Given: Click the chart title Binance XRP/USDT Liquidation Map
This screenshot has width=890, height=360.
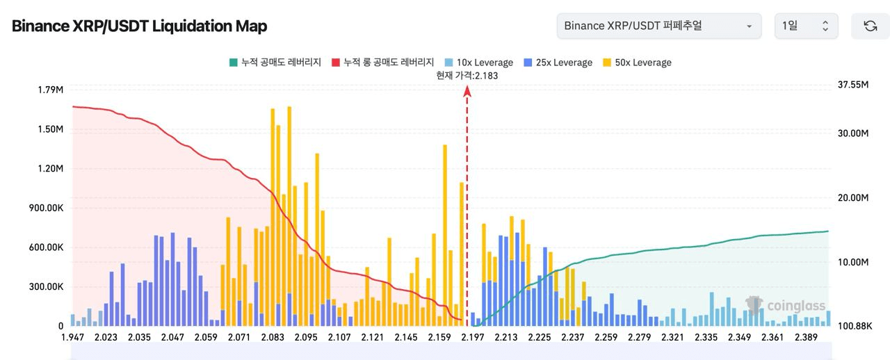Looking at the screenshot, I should click(140, 26).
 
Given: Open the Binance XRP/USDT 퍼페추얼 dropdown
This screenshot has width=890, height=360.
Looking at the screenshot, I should click(658, 26).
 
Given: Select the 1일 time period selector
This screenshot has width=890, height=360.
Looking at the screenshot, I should click(806, 26).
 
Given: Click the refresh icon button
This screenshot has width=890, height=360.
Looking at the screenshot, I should click(870, 26).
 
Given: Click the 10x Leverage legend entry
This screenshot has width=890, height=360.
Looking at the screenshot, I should click(479, 63).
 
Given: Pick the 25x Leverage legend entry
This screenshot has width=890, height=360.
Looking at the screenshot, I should click(559, 63).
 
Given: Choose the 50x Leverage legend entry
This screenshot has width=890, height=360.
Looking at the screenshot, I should click(638, 63).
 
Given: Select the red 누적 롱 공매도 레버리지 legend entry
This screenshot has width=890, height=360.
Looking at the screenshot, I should click(383, 63).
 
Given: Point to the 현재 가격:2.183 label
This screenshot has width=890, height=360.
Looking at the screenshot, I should click(467, 76).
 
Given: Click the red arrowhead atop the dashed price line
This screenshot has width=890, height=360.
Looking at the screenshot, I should click(467, 99).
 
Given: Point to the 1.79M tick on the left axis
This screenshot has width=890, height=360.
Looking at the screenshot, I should click(51, 89).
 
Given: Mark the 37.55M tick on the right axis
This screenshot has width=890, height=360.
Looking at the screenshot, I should click(854, 84).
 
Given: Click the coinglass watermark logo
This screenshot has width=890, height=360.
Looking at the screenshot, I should click(786, 305).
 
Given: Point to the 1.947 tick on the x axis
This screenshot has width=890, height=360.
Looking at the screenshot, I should click(73, 338).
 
